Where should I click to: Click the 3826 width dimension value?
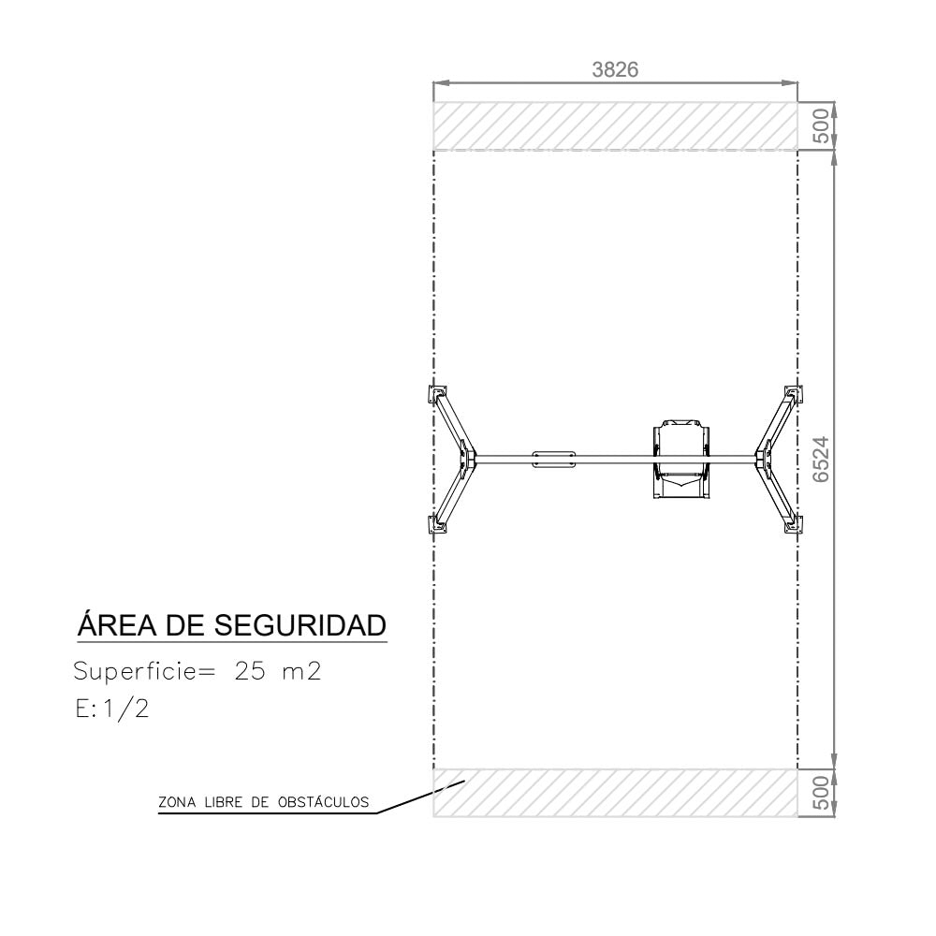pos(615,70)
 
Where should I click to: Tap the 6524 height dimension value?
pos(822,459)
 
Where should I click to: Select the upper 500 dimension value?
pos(822,125)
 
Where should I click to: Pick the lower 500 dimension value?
pos(822,793)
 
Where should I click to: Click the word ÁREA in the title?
pos(117,624)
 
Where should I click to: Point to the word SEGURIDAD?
pos(300,625)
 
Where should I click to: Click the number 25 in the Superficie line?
pos(250,671)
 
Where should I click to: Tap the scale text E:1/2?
pos(111,709)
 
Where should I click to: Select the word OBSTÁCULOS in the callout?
pos(324,802)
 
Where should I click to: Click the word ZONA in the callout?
pos(177,802)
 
